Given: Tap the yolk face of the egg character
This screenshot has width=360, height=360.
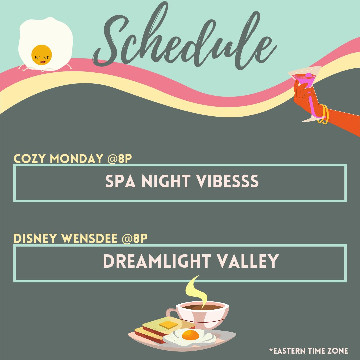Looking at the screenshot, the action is tap(42, 55).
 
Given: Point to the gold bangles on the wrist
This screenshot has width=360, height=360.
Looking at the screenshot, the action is tap(323, 114).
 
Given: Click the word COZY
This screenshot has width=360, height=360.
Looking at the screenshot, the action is tap(30, 159).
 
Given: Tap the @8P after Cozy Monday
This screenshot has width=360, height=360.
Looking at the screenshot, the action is tap(119, 159).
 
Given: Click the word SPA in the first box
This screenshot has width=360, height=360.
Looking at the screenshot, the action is tap(120, 181).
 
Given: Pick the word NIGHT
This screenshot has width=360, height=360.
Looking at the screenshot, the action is tap(166, 181).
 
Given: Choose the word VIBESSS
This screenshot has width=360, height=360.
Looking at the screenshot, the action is tap(227, 181).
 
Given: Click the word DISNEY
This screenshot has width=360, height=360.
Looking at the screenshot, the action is tap(35, 239).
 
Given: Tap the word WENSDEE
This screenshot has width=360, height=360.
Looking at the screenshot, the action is tap(89, 239).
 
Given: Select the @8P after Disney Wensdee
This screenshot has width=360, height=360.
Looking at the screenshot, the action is tap(135, 239).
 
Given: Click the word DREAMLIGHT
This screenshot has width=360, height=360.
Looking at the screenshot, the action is tap(157, 261).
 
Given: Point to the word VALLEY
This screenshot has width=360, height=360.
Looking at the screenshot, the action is tap(248, 261).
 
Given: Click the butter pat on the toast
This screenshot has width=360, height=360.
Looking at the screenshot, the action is tap(169, 325).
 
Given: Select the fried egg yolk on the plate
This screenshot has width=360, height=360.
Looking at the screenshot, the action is tap(190, 335).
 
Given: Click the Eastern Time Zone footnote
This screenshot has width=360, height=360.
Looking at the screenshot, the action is tap(308, 351).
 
